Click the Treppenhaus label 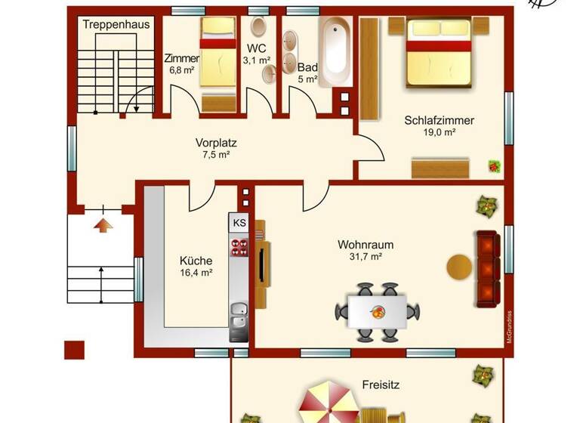pos(116,24)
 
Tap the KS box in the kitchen pos(239,223)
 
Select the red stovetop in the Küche pos(239,248)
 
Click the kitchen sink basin pos(239,309)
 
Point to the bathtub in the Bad pos(335,49)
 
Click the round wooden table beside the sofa pos(459,267)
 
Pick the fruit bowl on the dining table pos(376,310)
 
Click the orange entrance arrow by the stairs pos(103,224)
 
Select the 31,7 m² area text pos(366,257)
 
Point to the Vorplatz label pos(211,142)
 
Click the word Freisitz pos(381,384)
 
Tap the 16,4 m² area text pos(196,273)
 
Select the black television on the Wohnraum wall pos(262,264)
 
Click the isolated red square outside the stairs pos(73,350)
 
